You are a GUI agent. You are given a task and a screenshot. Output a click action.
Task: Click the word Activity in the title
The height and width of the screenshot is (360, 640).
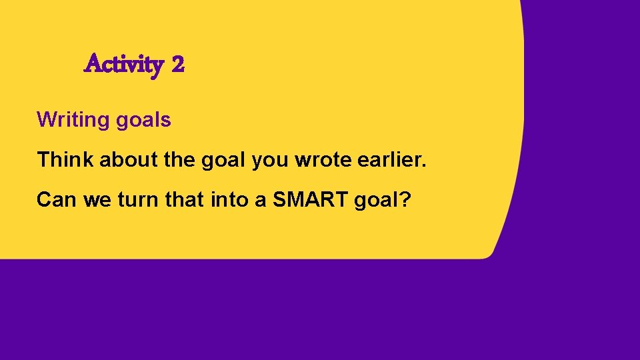click(x=124, y=65)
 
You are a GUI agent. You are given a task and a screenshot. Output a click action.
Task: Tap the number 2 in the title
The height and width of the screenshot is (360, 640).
click(x=177, y=65)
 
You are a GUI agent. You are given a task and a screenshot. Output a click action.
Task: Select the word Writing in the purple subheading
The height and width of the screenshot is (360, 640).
click(x=73, y=120)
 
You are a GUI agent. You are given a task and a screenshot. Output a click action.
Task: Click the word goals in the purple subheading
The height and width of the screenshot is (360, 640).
click(x=143, y=121)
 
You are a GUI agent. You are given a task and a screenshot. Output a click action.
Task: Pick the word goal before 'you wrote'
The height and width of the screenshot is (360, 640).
click(x=222, y=161)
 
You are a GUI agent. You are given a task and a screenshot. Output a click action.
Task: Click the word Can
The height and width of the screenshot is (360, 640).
click(x=57, y=200)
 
